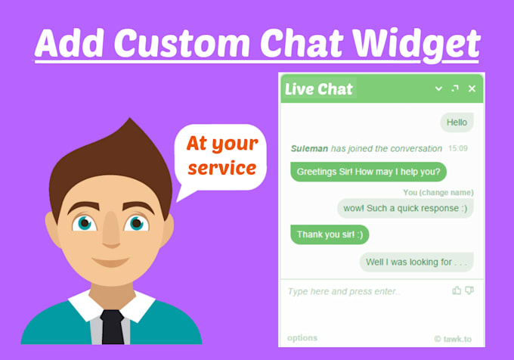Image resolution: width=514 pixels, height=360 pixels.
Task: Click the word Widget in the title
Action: (x=416, y=45)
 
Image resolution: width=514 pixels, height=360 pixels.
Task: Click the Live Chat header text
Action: (x=318, y=89)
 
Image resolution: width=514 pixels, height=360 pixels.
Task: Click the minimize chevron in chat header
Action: (x=438, y=89)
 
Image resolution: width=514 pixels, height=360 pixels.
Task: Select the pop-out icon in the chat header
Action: (x=455, y=89)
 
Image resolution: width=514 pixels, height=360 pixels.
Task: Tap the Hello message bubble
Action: (x=457, y=122)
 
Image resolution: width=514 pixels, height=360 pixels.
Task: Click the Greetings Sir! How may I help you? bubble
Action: (x=368, y=171)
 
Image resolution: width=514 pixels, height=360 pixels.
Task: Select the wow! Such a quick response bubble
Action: (x=405, y=209)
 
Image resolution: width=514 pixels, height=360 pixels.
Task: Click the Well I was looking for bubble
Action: (x=416, y=262)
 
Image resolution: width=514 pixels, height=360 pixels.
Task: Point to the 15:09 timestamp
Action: (x=457, y=148)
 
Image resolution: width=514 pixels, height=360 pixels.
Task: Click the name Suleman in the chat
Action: (x=310, y=148)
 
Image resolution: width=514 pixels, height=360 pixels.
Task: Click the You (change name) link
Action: (x=438, y=193)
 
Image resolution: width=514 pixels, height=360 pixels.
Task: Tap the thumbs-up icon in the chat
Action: (x=457, y=290)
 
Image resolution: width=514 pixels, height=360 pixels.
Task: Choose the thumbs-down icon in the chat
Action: (x=469, y=290)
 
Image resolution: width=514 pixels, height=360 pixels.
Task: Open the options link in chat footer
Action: (x=302, y=338)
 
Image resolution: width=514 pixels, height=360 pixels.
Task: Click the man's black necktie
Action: (x=112, y=325)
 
